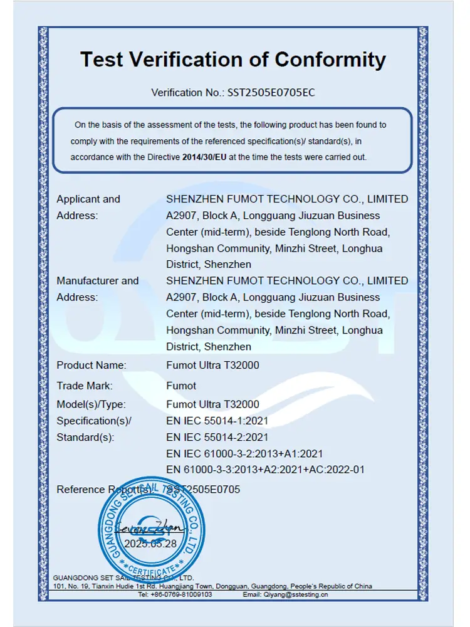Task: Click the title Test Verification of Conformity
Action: pos(233,60)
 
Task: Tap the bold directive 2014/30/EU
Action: pos(204,157)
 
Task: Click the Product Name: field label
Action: pos(91,365)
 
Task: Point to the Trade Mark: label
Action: pos(85,386)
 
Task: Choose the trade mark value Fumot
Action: pos(181,386)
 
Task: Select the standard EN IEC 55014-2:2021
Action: pos(217,437)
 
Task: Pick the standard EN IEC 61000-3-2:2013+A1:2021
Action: pos(244,453)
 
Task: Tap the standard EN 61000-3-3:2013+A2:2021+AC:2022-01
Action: pos(265,470)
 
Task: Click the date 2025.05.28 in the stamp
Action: pos(150,544)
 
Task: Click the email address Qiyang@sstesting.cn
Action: pos(285,594)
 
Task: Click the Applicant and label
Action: pos(88,199)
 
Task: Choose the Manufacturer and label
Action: pos(98,281)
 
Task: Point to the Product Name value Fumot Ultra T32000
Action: pos(212,365)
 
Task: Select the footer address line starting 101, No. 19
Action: pos(212,586)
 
